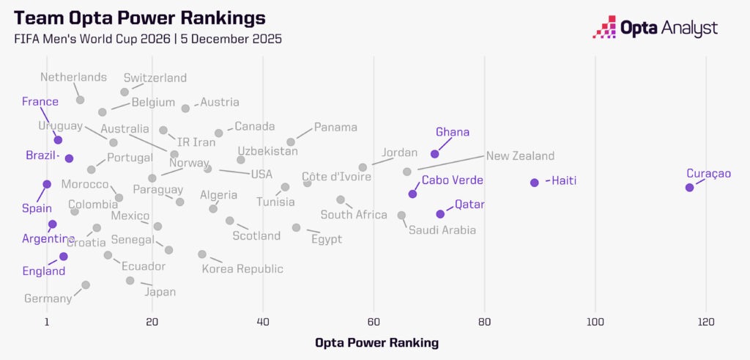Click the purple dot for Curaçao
click(689, 188)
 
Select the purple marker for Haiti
click(535, 182)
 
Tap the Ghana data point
click(435, 154)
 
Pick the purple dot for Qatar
click(440, 214)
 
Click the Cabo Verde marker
click(413, 194)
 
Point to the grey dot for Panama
click(291, 142)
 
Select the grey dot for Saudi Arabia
click(401, 215)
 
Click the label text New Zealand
click(520, 156)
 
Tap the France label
click(40, 102)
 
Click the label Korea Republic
click(242, 269)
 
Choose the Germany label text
click(48, 298)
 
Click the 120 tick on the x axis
click(706, 322)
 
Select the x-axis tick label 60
click(374, 322)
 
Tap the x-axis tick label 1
click(47, 322)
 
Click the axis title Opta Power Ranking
click(376, 342)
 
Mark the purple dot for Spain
click(47, 184)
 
